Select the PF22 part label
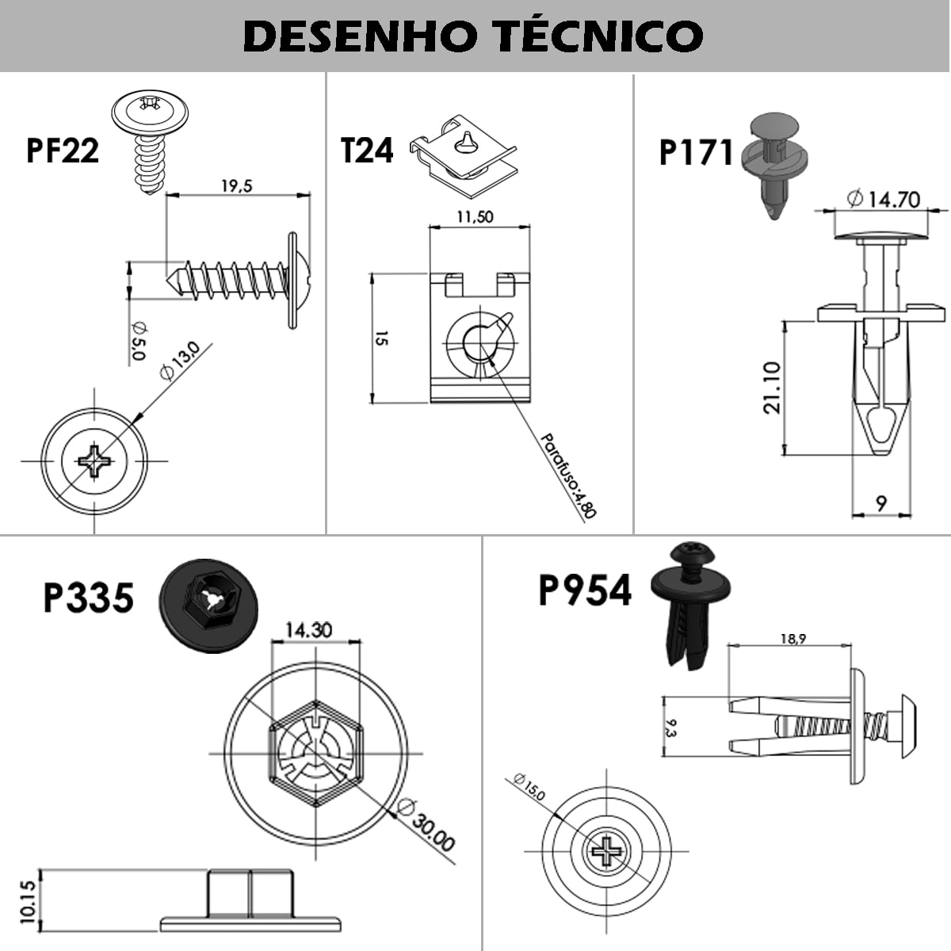[x=63, y=151]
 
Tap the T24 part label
[x=366, y=151]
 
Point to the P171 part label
[x=696, y=153]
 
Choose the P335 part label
[x=88, y=598]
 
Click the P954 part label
[x=585, y=591]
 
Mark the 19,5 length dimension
[x=236, y=186]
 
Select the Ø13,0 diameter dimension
[x=178, y=361]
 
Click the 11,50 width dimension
[x=475, y=216]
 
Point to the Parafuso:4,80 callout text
[x=567, y=475]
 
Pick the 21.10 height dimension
[x=772, y=388]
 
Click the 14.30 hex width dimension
[x=309, y=630]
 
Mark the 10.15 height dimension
[x=29, y=901]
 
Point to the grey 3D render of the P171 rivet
[x=773, y=162]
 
